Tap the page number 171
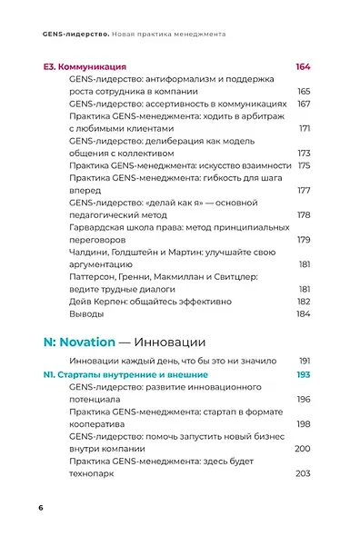click(x=305, y=128)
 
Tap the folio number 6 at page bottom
click(x=41, y=506)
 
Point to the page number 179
click(x=305, y=239)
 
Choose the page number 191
click(x=305, y=361)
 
